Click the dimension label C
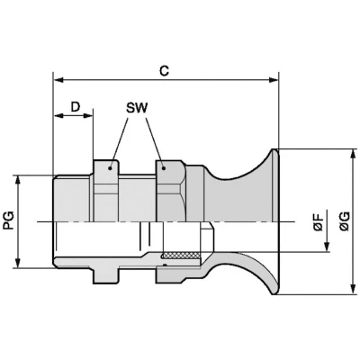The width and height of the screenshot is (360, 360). [164, 71]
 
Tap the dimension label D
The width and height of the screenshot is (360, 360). [76, 106]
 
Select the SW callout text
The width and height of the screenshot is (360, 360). [137, 108]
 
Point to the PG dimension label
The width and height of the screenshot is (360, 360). [10, 220]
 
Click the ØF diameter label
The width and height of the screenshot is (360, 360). [319, 221]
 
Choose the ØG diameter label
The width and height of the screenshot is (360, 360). [345, 221]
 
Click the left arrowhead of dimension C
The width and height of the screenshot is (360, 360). [58, 80]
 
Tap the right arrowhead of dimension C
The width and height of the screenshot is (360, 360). [274, 80]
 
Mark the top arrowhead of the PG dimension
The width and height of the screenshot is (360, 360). [19, 180]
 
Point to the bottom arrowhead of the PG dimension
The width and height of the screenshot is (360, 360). [19, 263]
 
